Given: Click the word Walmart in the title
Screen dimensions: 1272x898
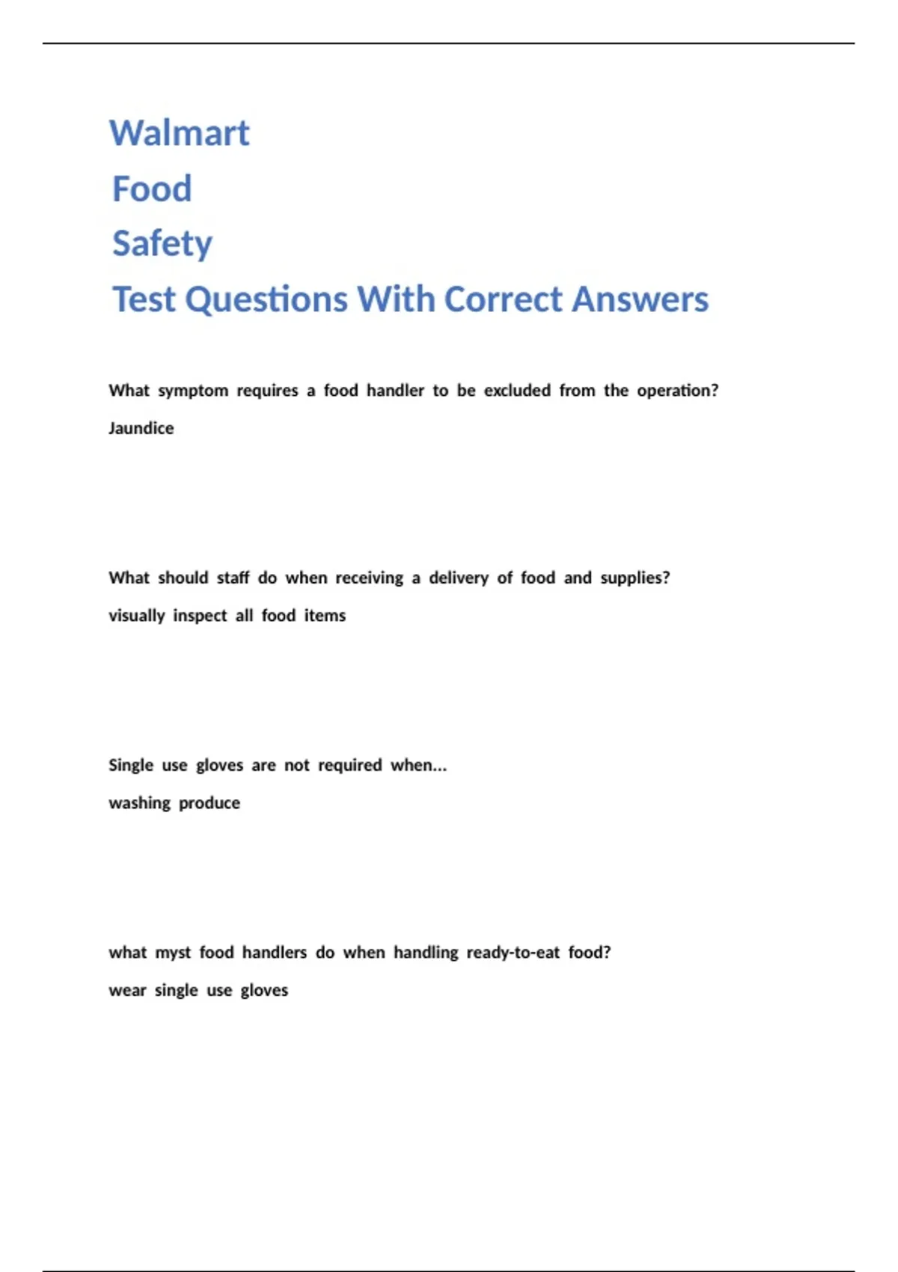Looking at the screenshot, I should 179,133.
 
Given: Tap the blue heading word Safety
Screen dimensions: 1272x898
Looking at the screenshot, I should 162,244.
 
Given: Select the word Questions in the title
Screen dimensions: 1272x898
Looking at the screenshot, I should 266,300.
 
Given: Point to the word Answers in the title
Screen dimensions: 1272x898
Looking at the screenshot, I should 640,299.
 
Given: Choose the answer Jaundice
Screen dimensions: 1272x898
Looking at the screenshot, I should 141,428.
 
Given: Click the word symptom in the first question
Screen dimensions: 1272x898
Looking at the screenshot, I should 193,391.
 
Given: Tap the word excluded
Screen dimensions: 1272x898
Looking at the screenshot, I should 517,391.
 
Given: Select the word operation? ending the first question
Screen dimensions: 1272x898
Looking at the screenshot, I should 677,391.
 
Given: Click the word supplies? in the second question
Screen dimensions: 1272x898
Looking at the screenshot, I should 635,578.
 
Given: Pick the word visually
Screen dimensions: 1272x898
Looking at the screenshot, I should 136,616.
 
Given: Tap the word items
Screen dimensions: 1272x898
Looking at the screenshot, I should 325,615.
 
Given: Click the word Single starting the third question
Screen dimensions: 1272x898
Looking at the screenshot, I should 131,765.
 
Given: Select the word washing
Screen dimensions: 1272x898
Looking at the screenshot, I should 139,803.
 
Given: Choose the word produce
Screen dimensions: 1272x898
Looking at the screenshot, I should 210,803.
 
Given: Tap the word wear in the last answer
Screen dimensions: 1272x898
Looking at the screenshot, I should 127,990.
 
